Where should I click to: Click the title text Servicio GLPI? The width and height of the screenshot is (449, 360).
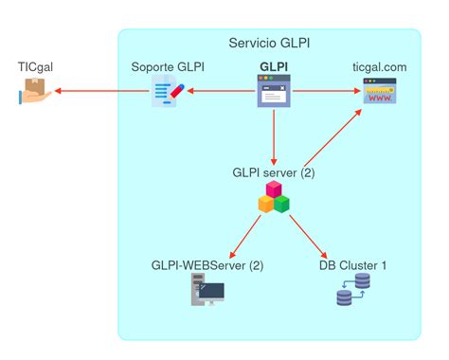[x=269, y=44]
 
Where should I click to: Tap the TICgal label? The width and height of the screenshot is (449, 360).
[x=36, y=67]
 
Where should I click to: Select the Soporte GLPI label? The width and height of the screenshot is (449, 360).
[x=168, y=67]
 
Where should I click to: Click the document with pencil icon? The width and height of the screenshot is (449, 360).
[x=168, y=93]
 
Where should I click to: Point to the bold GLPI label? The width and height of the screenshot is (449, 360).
[x=274, y=67]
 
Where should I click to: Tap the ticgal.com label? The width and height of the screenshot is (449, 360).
[x=379, y=67]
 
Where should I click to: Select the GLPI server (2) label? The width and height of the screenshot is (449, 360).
[x=274, y=173]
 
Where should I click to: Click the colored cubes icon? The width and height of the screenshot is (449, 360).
[x=274, y=198]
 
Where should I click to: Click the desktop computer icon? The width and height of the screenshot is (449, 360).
[x=207, y=291]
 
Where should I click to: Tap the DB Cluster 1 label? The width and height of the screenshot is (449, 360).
[x=352, y=265]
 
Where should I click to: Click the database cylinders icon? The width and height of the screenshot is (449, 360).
[x=352, y=291]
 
